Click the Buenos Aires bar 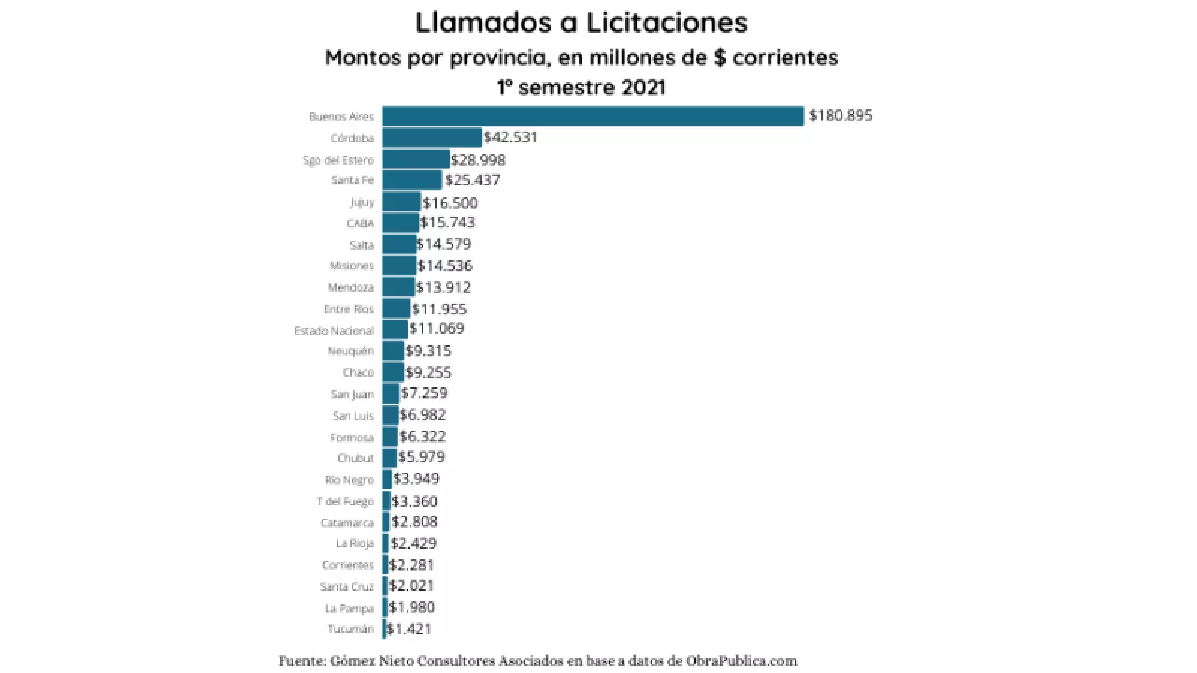593,116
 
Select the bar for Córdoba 432,138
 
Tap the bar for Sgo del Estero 416,159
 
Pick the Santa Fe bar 412,180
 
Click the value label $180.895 841,116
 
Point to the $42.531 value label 511,138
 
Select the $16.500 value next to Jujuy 450,203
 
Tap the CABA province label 360,224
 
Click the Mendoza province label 350,288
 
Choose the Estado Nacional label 334,331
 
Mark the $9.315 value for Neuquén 429,351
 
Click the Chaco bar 393,372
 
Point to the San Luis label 353,416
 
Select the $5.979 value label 422,457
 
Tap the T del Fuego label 345,502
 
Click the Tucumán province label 350,629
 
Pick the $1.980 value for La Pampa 411,607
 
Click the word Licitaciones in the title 666,22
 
